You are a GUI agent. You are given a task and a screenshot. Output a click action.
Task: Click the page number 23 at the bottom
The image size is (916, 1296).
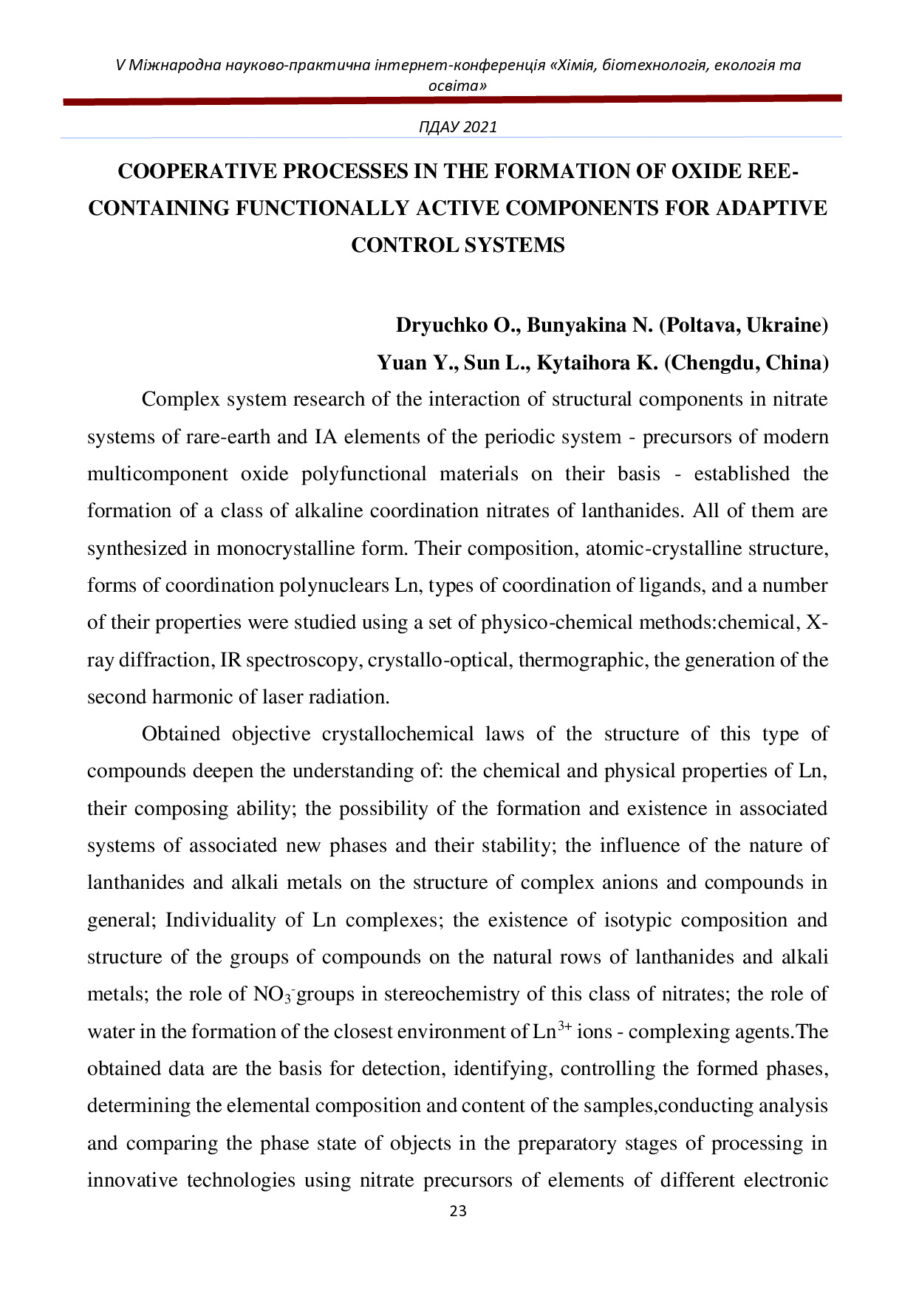point(458,1211)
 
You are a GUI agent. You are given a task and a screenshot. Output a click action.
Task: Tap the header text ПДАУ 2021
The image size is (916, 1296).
point(458,127)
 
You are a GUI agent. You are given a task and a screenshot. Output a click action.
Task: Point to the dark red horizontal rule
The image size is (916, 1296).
point(452,100)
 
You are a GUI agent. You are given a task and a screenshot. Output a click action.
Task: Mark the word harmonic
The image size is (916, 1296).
point(181,697)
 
